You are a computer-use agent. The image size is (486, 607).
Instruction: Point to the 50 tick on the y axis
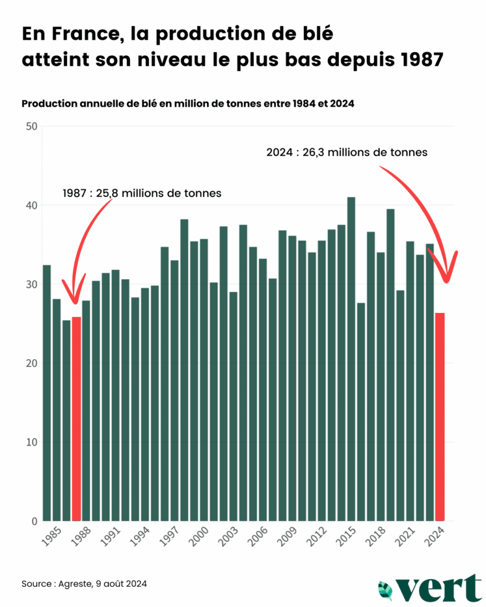(31, 126)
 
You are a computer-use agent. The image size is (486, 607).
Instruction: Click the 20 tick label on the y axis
(31, 363)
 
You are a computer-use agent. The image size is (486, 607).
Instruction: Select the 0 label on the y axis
(35, 521)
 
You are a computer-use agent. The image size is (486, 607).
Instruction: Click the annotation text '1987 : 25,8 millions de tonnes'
(142, 193)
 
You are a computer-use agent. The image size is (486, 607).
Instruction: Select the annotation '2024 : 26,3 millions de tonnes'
(347, 152)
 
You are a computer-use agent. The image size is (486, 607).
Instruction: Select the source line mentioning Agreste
(84, 584)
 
